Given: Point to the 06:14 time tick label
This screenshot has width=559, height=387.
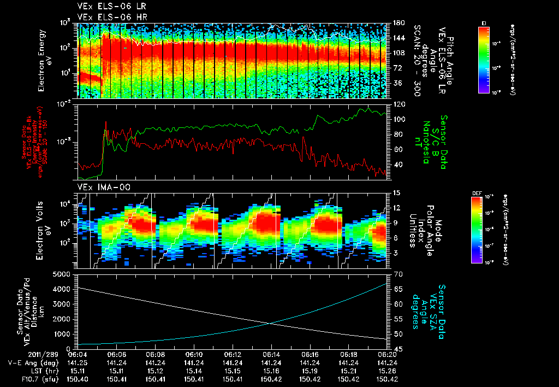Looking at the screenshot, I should [x=271, y=354].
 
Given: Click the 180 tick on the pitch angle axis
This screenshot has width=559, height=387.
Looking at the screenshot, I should [x=399, y=23].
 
